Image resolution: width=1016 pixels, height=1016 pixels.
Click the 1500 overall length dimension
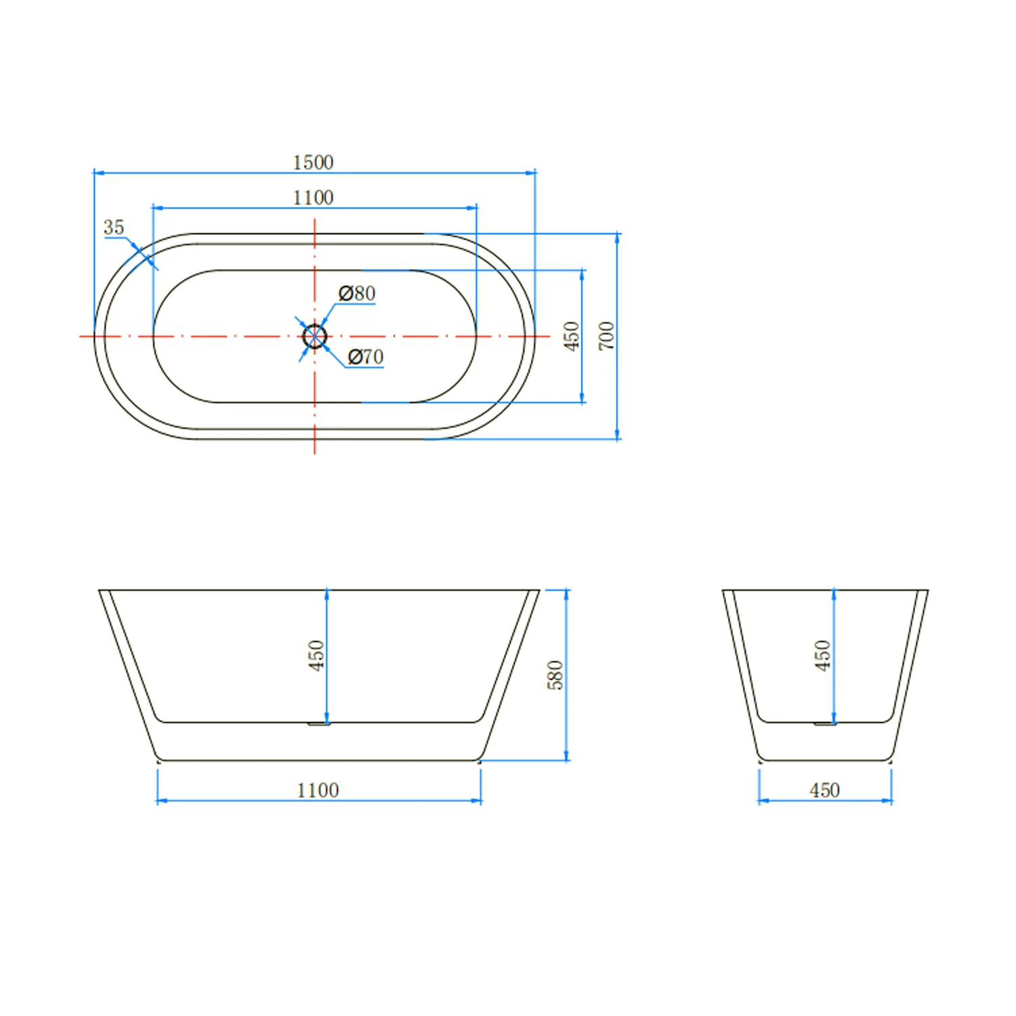(313, 163)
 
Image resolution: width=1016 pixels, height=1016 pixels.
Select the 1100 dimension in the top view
(313, 198)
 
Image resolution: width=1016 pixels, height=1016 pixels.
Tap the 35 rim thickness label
(114, 227)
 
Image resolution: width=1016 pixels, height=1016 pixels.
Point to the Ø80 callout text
(357, 293)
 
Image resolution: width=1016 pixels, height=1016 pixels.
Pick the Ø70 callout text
(366, 356)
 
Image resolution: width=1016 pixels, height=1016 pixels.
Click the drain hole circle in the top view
(315, 324)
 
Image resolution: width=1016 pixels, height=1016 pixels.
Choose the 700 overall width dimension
(606, 336)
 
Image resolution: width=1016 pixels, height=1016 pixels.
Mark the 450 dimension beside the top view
(572, 336)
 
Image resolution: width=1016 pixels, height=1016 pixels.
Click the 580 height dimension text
(555, 675)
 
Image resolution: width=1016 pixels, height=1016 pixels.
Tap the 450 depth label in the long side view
(316, 655)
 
